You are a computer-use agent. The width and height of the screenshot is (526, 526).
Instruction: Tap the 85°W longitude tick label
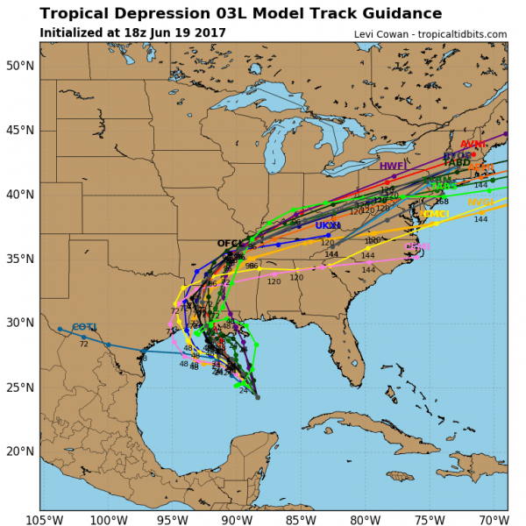298,517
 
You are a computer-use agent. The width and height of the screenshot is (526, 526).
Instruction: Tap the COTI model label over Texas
84,327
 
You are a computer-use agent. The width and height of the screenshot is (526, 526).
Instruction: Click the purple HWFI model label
392,166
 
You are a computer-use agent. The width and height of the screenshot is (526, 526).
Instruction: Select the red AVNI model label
473,145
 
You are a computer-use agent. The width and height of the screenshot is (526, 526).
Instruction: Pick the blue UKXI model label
327,225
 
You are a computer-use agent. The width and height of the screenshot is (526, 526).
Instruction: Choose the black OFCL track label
230,244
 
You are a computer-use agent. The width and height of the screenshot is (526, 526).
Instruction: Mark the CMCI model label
436,214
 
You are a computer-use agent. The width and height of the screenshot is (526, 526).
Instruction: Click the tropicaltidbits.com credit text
455,34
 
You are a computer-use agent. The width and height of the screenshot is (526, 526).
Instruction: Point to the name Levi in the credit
365,34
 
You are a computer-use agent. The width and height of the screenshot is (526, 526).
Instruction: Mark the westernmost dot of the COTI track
60,329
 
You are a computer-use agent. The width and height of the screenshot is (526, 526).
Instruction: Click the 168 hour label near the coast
441,202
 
